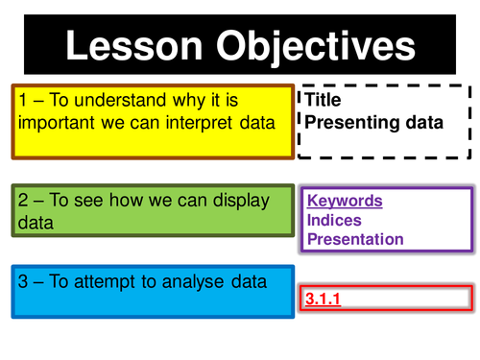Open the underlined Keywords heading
[x=345, y=202]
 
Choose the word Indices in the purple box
[x=334, y=221]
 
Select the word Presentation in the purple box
[x=355, y=239]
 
